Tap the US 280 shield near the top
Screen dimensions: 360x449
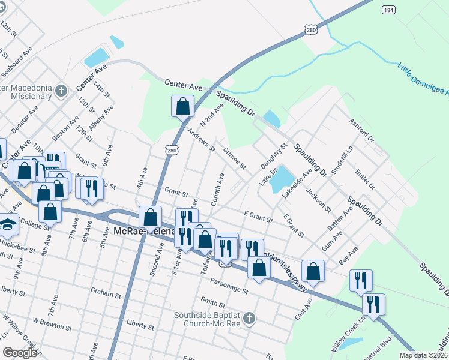click(x=310, y=29)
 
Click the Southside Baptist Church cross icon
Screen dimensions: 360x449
click(x=249, y=317)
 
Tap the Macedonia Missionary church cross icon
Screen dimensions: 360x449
click(x=61, y=92)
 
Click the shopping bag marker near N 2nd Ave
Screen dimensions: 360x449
click(x=182, y=107)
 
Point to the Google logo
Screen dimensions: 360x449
click(x=20, y=353)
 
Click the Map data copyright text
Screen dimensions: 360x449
click(x=423, y=355)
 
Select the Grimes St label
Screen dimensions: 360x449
click(x=234, y=158)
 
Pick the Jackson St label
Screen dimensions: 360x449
click(x=318, y=200)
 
